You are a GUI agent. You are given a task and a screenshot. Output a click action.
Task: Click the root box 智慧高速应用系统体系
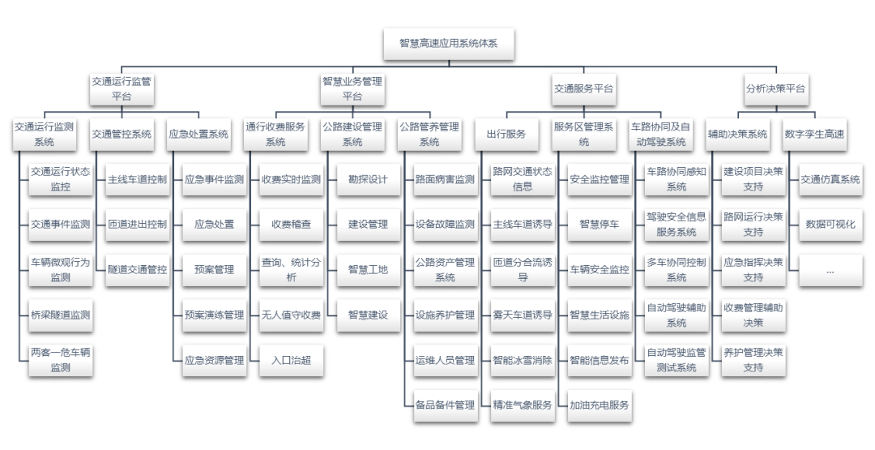click(449, 44)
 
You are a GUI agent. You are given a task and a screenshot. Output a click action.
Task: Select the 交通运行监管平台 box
click(122, 88)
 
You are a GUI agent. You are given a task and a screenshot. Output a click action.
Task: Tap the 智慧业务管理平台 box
click(352, 88)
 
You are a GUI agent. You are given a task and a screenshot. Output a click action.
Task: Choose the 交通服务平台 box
click(583, 88)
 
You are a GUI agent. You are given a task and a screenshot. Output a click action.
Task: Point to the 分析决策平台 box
click(775, 88)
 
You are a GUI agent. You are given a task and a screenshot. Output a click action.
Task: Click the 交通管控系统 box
click(122, 134)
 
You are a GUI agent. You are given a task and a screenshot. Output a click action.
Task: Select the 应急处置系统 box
click(198, 134)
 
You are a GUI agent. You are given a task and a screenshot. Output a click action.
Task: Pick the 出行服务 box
click(506, 134)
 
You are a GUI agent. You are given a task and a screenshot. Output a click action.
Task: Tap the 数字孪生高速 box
click(814, 134)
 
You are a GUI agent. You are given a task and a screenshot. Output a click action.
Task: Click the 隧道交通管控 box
click(137, 269)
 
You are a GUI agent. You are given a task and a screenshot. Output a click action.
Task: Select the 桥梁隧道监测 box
click(60, 315)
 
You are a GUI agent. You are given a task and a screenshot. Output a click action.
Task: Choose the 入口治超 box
click(291, 360)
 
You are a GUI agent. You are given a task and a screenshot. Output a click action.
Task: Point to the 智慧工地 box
click(368, 269)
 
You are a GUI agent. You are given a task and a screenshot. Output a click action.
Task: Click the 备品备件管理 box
click(445, 405)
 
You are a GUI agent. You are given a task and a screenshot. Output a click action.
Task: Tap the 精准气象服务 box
click(522, 405)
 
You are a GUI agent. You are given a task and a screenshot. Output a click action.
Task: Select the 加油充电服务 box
click(599, 405)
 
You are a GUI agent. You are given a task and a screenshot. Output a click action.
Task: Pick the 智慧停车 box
click(599, 224)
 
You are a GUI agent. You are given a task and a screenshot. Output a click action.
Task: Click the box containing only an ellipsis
click(830, 270)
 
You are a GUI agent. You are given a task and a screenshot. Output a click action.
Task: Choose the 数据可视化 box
click(830, 224)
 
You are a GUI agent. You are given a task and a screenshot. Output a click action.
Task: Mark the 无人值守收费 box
click(291, 315)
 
